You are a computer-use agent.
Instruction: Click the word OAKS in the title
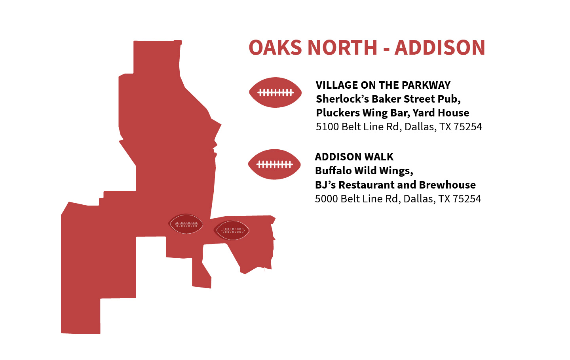coord(275,48)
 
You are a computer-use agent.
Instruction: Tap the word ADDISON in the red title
coord(440,48)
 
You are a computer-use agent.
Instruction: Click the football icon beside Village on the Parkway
coord(275,92)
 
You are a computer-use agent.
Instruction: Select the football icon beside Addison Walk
coord(274,164)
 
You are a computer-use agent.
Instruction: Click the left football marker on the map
coord(186,224)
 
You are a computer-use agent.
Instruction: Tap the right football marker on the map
coord(232,230)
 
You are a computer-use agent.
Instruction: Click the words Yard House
coord(441,113)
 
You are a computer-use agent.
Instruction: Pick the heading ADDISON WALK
coord(354,157)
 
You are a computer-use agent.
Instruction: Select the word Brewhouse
coord(447,185)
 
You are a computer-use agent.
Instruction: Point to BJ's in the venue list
coord(325,185)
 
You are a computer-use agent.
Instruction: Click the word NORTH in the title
coord(342,48)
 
